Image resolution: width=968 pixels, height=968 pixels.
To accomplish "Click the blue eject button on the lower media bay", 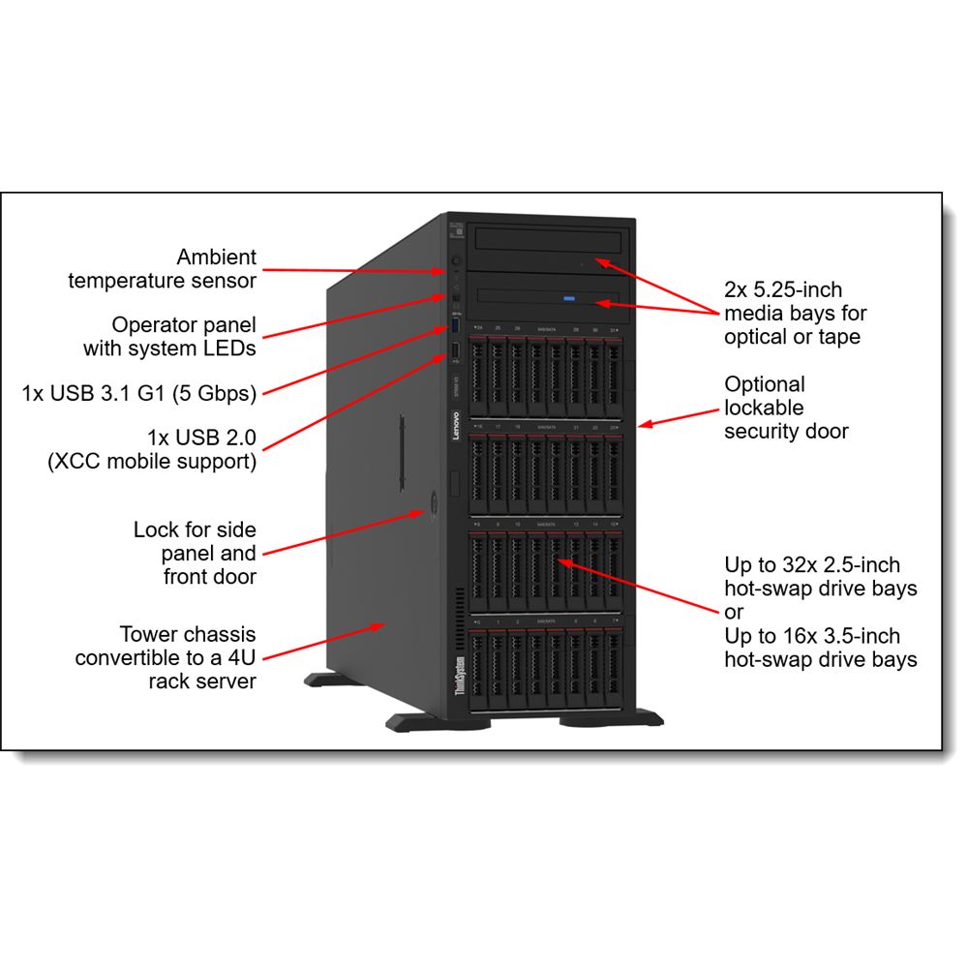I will pyautogui.click(x=570, y=298).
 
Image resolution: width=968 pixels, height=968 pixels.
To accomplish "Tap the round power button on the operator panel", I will pyautogui.click(x=456, y=261).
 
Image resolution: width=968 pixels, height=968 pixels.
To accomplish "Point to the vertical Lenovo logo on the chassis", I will pyautogui.click(x=456, y=427).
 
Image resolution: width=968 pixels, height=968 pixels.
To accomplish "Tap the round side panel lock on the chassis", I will pyautogui.click(x=430, y=503).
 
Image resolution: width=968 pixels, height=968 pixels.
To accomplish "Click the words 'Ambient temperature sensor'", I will pyautogui.click(x=162, y=269).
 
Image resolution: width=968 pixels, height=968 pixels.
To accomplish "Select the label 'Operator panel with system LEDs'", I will pyautogui.click(x=169, y=336).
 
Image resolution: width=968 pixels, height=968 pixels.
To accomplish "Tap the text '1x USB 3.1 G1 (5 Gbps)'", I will pyautogui.click(x=139, y=394).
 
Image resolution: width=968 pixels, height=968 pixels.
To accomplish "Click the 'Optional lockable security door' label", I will pyautogui.click(x=785, y=408).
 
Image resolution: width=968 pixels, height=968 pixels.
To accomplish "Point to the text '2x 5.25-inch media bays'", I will pyautogui.click(x=795, y=313).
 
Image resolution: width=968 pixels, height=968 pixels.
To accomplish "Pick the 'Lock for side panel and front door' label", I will pyautogui.click(x=195, y=554).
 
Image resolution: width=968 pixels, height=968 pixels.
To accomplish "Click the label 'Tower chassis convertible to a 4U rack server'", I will pyautogui.click(x=166, y=658).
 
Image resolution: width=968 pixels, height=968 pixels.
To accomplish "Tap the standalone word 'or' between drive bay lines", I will pyautogui.click(x=734, y=612).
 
